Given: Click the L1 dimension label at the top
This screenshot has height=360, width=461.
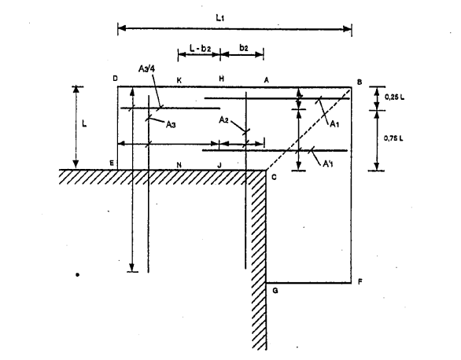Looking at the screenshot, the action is [220, 18].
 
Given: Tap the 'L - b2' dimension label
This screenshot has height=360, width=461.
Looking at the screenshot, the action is [201, 48].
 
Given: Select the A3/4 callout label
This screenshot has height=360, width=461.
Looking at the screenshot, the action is [146, 68].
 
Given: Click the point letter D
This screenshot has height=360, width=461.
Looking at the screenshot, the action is [115, 79].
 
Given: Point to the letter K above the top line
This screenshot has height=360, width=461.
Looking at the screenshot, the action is [179, 80].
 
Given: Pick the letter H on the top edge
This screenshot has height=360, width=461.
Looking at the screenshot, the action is [221, 79].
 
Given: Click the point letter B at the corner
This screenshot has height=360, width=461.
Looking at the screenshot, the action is [360, 83].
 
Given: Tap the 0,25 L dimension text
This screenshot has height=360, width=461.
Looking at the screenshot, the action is [394, 97].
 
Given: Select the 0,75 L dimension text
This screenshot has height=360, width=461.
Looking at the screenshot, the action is [393, 138].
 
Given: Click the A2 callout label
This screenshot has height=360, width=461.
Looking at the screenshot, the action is [223, 119].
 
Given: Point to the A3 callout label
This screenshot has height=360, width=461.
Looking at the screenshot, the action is [171, 124].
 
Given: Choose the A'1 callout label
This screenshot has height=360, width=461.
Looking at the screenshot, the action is [328, 163].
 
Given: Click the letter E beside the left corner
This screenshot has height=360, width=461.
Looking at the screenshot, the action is [112, 163].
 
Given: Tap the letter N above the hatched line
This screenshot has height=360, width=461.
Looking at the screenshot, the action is [179, 165].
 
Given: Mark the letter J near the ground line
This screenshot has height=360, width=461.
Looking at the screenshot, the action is [219, 165].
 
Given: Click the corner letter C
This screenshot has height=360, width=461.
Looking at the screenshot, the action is [274, 177].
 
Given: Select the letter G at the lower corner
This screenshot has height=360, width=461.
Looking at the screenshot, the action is [275, 291].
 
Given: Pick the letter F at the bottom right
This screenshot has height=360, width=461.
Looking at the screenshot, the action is [360, 282].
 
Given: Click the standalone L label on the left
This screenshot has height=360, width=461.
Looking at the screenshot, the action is [84, 124].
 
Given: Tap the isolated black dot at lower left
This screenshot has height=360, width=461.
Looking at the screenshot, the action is [77, 275].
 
